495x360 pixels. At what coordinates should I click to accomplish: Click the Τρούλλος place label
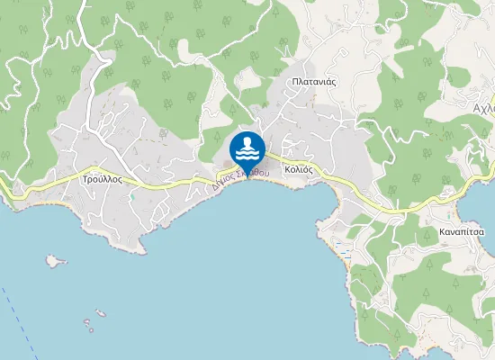click(x=102, y=179)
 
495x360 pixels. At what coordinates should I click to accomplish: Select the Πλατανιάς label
click(x=314, y=81)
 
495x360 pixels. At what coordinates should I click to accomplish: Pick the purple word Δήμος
click(x=225, y=184)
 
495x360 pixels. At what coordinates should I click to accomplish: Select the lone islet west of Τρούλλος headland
click(x=56, y=261)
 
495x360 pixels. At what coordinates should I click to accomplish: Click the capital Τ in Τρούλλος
click(x=85, y=179)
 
